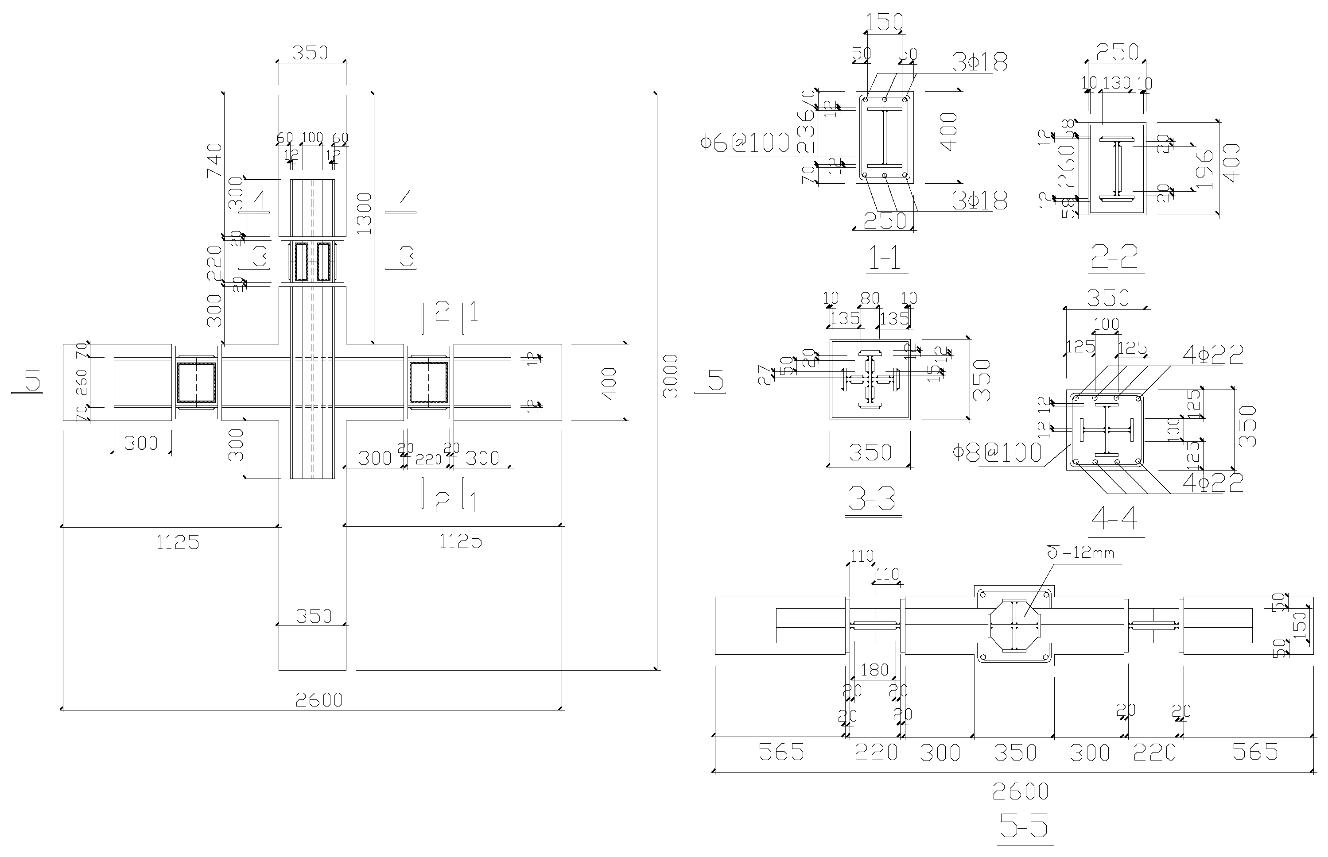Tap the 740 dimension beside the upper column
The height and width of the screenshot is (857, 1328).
coord(214,160)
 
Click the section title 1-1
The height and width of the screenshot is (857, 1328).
coord(888,259)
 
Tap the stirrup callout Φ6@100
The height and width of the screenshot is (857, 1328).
coord(745,143)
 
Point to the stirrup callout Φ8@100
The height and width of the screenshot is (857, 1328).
coord(997,452)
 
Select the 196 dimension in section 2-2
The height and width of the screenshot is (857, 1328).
coord(1204,169)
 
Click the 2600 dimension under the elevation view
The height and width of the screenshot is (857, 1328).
coord(318,700)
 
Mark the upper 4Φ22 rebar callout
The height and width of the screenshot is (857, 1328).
coord(1213,355)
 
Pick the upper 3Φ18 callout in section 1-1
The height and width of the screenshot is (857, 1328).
coord(979,63)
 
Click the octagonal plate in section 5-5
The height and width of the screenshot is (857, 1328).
coord(1014,625)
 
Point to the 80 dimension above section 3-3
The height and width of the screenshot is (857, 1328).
coord(869,298)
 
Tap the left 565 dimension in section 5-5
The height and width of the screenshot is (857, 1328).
coord(781,753)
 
